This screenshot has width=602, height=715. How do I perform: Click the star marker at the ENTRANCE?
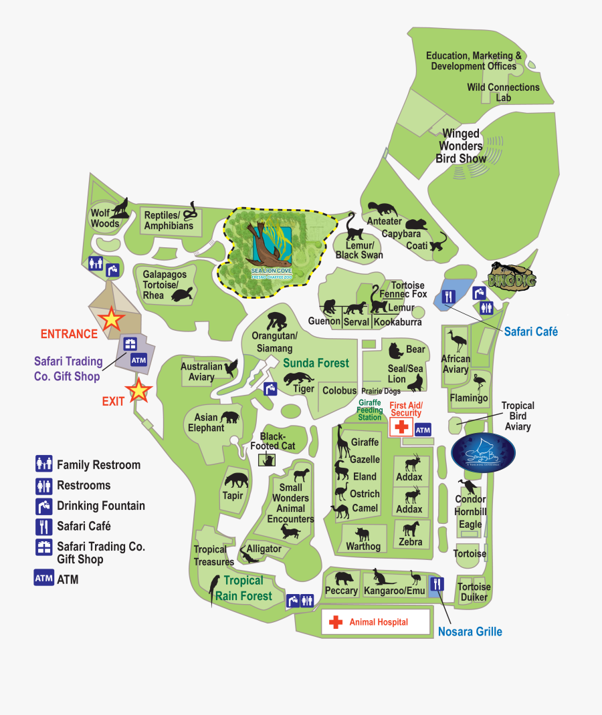point(111,319)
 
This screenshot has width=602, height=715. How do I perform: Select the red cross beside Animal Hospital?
point(334,622)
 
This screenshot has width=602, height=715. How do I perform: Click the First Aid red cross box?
point(401,428)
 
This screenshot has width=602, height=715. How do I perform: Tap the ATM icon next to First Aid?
point(423,430)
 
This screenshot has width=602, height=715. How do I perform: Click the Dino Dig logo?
point(512,277)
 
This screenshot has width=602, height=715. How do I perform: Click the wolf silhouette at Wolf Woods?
point(121,207)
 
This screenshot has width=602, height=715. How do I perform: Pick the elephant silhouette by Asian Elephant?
point(230,418)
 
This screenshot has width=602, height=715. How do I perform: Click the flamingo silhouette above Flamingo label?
point(479,384)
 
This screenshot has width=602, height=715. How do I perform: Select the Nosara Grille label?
point(470,631)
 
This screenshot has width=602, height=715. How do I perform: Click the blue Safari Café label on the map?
point(530,331)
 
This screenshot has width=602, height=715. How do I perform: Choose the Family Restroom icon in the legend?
point(44,464)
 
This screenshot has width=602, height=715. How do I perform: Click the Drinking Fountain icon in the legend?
point(44,506)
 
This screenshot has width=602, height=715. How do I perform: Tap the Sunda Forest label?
point(316,363)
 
